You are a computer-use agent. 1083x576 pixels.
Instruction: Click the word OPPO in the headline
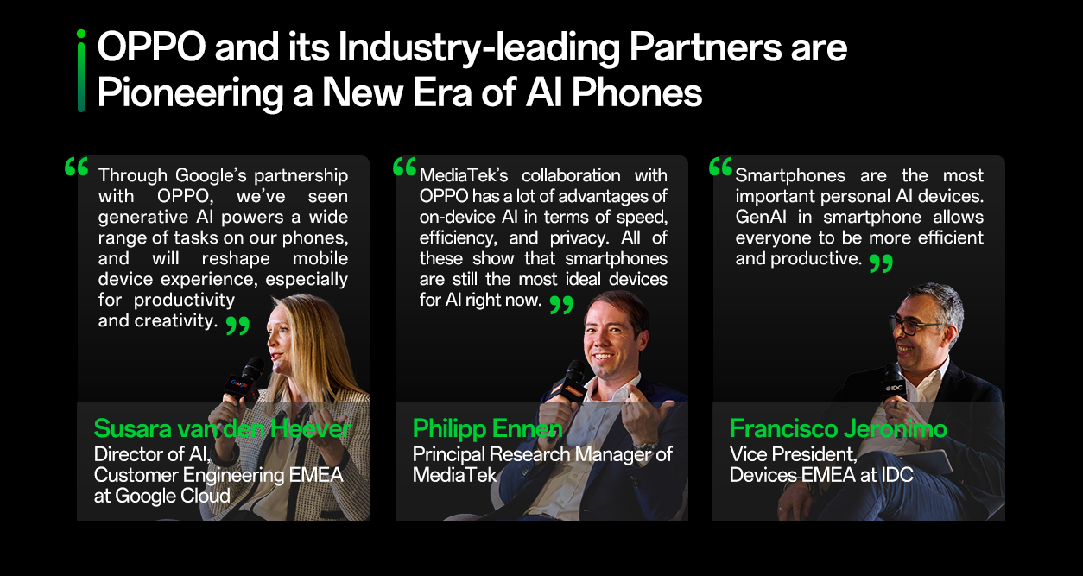click(152, 47)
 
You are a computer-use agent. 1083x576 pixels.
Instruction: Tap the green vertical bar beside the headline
click(81, 71)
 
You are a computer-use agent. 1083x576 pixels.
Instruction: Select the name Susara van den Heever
click(223, 428)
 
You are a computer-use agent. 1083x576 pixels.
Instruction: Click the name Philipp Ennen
click(487, 429)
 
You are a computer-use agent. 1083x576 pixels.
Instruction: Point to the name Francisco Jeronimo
click(838, 428)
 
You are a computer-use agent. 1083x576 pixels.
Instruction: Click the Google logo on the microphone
click(240, 384)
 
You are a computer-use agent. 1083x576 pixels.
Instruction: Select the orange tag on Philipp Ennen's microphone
click(570, 390)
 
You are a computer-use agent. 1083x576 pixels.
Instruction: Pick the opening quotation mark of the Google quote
click(76, 167)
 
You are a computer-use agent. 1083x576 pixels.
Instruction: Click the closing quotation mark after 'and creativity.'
click(237, 326)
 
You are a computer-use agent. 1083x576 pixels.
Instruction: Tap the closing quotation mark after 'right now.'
click(562, 305)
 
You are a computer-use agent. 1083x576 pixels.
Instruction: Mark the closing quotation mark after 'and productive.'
click(881, 263)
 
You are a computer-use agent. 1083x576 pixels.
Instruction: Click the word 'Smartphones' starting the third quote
click(790, 175)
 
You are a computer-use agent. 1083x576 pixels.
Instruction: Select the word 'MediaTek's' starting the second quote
click(464, 175)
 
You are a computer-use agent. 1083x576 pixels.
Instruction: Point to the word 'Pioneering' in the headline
click(190, 93)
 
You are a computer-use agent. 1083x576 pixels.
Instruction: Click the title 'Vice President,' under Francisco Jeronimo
click(793, 454)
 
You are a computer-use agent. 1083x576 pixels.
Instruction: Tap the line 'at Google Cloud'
click(162, 497)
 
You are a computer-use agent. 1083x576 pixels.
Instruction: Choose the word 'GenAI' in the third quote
click(761, 217)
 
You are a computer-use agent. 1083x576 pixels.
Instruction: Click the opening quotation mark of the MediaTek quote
click(405, 167)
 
